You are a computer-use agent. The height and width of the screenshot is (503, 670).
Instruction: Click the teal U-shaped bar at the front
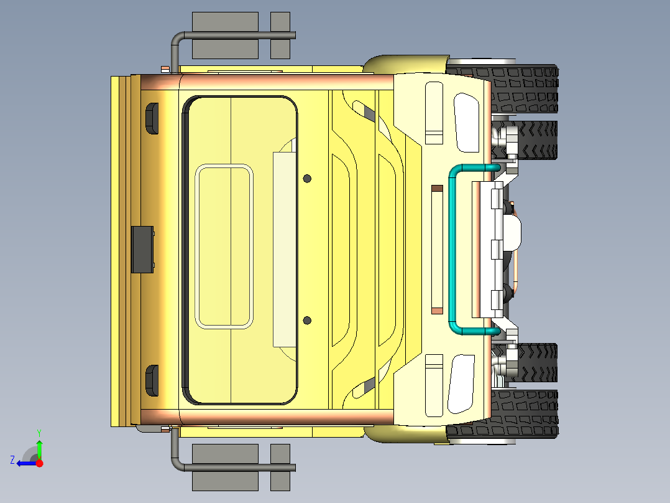452,249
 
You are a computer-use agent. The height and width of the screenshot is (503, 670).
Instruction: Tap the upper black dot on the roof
307,179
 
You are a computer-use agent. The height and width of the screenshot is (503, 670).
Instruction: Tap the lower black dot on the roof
307,321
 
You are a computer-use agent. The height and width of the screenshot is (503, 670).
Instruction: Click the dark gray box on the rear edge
142,249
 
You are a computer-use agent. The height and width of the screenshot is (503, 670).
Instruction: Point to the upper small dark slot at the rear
151,118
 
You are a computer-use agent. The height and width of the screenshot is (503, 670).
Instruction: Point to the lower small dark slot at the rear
151,380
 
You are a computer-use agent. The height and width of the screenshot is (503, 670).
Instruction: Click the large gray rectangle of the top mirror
225,35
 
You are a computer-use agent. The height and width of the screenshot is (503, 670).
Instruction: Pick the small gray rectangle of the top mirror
280,35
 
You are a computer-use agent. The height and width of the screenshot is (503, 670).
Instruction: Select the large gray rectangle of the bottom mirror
225,467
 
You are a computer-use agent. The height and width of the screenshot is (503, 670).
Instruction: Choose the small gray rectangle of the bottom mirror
280,467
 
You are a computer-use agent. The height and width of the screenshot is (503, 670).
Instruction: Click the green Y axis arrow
39,448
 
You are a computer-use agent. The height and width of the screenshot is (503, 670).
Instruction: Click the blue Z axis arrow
25,463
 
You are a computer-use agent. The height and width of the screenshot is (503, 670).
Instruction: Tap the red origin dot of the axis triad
39,463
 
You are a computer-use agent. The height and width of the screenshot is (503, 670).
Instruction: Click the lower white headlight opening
463,383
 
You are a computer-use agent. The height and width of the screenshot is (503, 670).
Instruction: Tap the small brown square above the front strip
437,187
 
